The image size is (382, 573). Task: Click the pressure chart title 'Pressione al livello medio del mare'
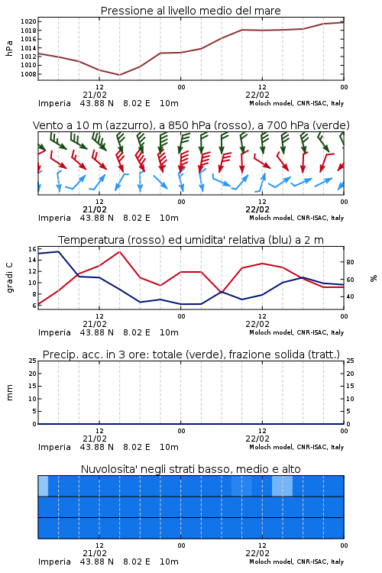click(x=190, y=11)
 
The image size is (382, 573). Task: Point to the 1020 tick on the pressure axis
click(x=28, y=21)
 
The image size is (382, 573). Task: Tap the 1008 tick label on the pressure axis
click(x=28, y=74)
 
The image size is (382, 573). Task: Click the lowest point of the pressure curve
click(x=119, y=75)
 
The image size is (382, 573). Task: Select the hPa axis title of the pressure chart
click(x=9, y=48)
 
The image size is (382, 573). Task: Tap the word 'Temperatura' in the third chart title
click(x=92, y=240)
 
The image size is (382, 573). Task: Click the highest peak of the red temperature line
click(x=119, y=251)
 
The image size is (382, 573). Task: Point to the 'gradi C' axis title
click(x=9, y=278)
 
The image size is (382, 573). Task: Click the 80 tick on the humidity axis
click(x=350, y=262)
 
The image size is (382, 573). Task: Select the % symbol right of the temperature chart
click(x=374, y=278)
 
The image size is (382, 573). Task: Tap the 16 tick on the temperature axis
click(x=32, y=249)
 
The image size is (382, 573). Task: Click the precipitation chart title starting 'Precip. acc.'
click(x=191, y=354)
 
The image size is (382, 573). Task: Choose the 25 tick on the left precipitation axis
click(x=33, y=361)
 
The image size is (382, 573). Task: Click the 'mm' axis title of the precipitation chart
click(x=9, y=393)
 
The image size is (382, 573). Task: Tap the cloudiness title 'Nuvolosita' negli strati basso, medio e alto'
click(x=190, y=469)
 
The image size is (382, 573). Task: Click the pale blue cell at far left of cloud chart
click(x=43, y=486)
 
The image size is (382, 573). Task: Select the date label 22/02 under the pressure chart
click(x=257, y=95)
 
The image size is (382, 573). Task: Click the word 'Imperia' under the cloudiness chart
click(x=54, y=562)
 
